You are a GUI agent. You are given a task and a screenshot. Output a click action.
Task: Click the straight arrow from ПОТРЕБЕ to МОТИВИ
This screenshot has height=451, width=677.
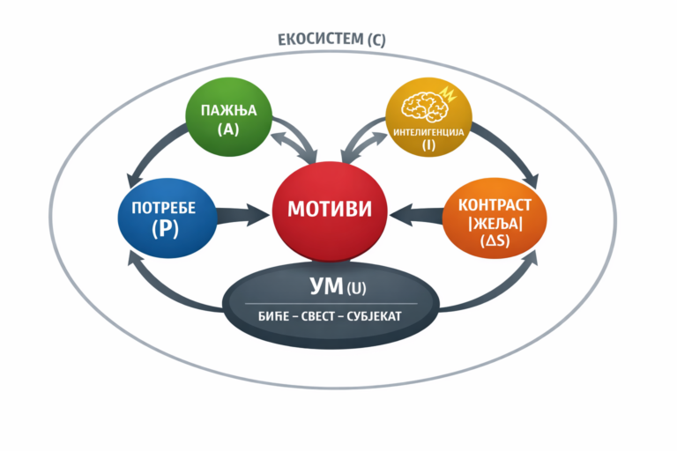(x=238, y=212)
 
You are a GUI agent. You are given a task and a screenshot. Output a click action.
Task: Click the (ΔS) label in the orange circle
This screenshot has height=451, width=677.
(x=495, y=240)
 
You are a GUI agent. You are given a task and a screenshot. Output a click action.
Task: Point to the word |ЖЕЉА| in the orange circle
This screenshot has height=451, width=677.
(x=495, y=222)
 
